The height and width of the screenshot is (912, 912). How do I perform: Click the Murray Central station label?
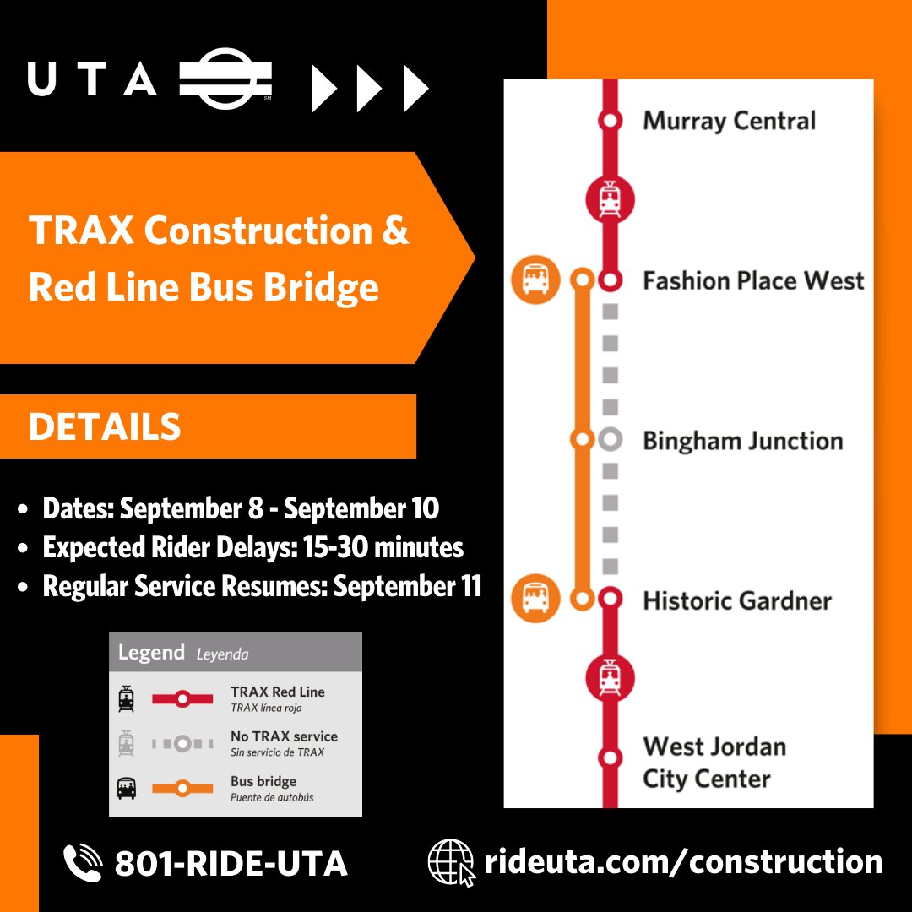pos(729,121)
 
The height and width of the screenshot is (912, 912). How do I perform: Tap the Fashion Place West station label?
pos(753,280)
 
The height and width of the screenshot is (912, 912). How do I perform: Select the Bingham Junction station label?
pos(742,441)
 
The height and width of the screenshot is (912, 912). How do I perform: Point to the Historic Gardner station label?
pos(736,600)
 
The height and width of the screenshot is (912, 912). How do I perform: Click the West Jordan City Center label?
pos(714,763)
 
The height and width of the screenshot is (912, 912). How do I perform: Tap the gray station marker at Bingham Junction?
pos(610,440)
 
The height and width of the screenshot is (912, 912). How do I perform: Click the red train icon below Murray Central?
pos(610,200)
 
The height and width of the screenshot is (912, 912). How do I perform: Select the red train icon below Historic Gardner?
pos(610,677)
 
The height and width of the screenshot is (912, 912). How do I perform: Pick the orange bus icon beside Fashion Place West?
pos(535,280)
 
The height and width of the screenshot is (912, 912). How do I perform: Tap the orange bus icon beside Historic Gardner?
pos(535,599)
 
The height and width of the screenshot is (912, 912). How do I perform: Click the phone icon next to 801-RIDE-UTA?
pos(83,862)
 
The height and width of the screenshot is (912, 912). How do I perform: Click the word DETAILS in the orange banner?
pos(105,427)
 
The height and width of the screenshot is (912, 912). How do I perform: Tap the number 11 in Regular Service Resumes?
pos(470,586)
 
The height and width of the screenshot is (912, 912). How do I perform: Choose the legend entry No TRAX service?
pos(284,736)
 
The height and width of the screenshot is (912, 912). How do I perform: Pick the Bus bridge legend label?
pos(263,781)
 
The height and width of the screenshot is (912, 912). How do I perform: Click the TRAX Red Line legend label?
pos(277,692)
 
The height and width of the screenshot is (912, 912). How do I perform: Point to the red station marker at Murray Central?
pos(610,121)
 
